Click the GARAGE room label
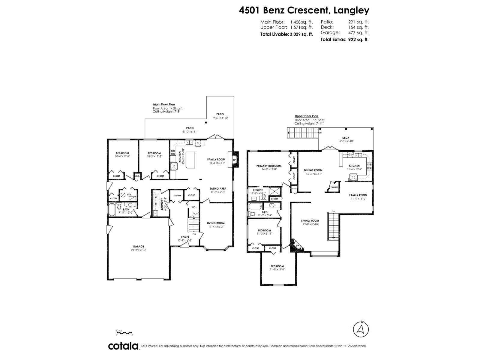click(x=139, y=247)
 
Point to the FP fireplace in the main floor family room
click(x=234, y=160)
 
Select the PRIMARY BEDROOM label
click(x=269, y=166)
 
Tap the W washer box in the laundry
click(x=156, y=197)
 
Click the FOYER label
click(x=185, y=237)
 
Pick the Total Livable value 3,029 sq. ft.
click(x=301, y=34)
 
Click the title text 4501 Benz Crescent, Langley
click(x=304, y=10)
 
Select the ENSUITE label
click(x=258, y=190)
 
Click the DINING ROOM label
click(x=313, y=170)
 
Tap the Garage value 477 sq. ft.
click(x=358, y=33)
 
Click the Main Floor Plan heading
click(x=164, y=104)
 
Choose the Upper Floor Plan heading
click(x=306, y=116)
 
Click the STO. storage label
click(x=193, y=207)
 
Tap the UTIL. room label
click(x=129, y=194)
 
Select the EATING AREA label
click(x=218, y=188)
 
